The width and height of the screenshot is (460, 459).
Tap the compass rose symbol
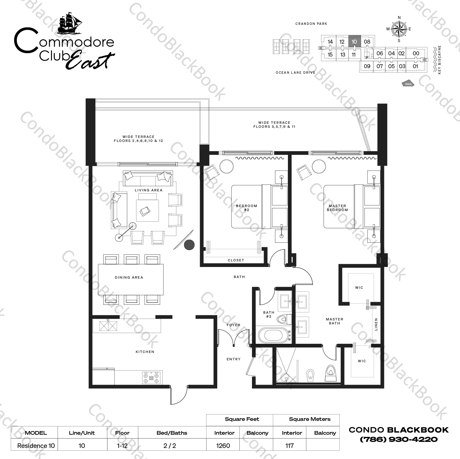[x=399, y=29]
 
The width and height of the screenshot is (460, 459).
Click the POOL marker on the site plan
[x=408, y=84]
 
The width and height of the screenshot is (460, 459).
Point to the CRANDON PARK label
[x=311, y=24]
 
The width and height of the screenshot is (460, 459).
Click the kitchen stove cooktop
[x=151, y=377]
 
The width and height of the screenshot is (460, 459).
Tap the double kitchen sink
[x=108, y=326]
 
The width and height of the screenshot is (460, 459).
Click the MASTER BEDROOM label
[x=337, y=208]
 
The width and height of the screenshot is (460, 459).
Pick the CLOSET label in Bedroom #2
[x=236, y=260]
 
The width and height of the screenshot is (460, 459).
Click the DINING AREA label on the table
[x=129, y=277]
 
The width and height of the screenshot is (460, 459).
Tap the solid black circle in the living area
[x=189, y=245]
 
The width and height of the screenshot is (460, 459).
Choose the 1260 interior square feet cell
[x=223, y=445]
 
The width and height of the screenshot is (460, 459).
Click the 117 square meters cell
[x=289, y=445]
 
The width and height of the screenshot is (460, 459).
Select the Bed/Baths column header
[x=172, y=433]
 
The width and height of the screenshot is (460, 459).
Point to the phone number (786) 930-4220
[x=399, y=439]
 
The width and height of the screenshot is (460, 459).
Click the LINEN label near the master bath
[x=376, y=324]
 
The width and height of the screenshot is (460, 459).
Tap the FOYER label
[x=233, y=325]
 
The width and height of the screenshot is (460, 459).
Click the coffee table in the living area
[x=147, y=210]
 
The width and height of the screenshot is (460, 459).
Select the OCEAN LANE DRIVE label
[x=295, y=73]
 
